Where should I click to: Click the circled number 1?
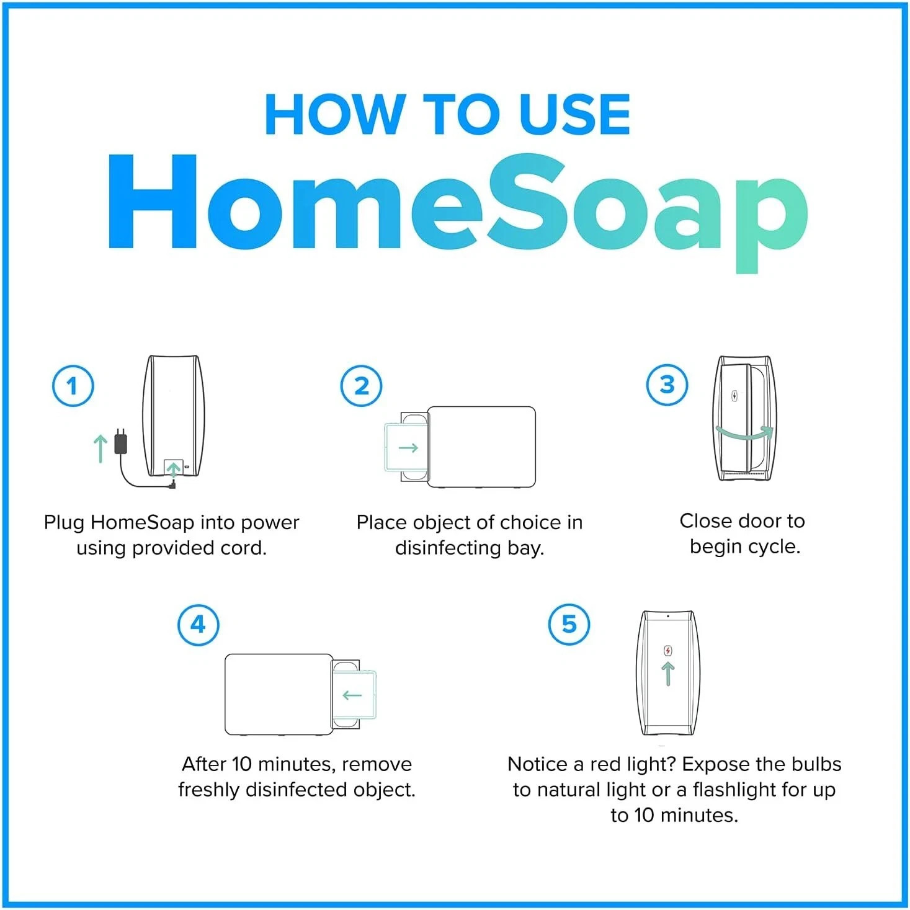(x=73, y=386)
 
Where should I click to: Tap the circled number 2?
(x=361, y=386)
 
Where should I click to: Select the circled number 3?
(x=667, y=385)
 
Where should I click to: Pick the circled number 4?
(x=198, y=624)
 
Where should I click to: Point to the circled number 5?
(x=569, y=623)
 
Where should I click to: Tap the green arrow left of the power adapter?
(x=100, y=448)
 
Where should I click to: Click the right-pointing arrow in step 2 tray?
(x=408, y=448)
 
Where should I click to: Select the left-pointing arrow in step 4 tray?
(x=352, y=695)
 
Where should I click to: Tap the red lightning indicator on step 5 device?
(x=668, y=651)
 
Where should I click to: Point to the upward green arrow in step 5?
(x=668, y=674)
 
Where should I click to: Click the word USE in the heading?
(x=574, y=115)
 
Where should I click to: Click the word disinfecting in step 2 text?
(x=448, y=548)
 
